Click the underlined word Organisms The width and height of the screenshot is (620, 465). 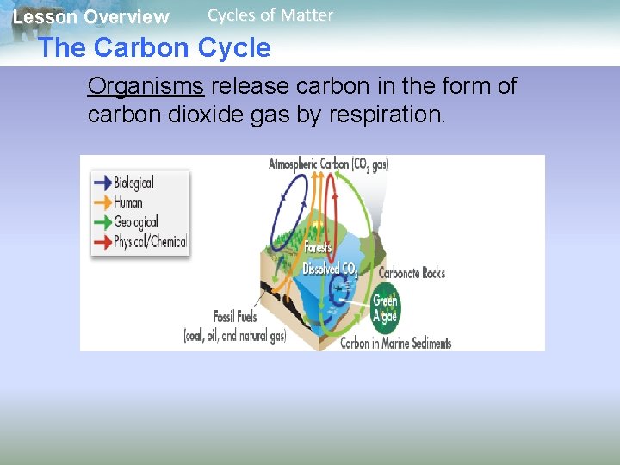pyautogui.click(x=146, y=87)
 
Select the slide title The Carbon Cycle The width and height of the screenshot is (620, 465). pyautogui.click(x=154, y=48)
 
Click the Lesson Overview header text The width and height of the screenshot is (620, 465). pyautogui.click(x=91, y=17)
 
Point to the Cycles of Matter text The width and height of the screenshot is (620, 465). pyautogui.click(x=270, y=15)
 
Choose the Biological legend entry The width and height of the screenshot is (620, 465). pyautogui.click(x=133, y=182)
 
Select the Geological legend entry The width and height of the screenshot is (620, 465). pyautogui.click(x=135, y=221)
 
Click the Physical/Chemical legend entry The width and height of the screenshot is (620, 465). pyautogui.click(x=150, y=242)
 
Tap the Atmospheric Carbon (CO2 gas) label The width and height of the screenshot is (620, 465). pyautogui.click(x=328, y=164)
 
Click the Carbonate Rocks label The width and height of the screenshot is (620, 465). pyautogui.click(x=412, y=273)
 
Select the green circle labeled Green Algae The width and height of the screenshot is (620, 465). pyautogui.click(x=384, y=307)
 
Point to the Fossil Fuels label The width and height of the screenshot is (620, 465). pyautogui.click(x=235, y=317)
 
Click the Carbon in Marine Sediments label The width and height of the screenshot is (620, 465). pyautogui.click(x=395, y=343)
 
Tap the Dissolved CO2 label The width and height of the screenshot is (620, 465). pyautogui.click(x=330, y=269)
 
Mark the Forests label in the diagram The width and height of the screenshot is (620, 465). pyautogui.click(x=318, y=247)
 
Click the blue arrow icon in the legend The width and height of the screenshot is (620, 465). pyautogui.click(x=102, y=182)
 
